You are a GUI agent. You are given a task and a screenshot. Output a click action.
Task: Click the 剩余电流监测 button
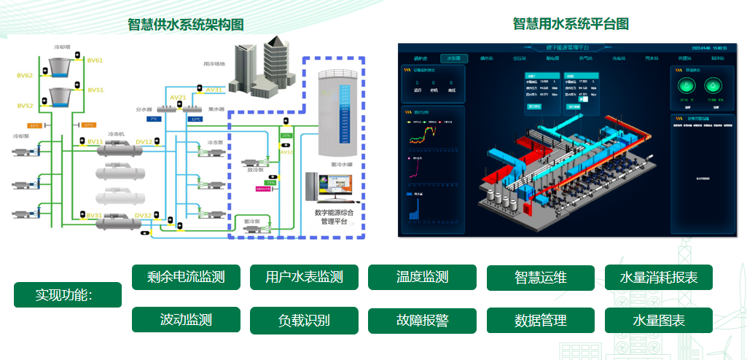[185, 277]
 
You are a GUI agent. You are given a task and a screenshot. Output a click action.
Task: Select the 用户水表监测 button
[304, 277]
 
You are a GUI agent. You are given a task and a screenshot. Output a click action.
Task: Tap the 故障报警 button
[422, 320]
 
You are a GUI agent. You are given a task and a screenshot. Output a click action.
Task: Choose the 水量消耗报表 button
[659, 277]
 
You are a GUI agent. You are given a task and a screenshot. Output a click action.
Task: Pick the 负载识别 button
[304, 320]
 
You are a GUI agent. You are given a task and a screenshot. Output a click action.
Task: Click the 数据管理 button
[541, 320]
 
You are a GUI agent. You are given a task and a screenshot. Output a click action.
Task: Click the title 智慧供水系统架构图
[186, 25]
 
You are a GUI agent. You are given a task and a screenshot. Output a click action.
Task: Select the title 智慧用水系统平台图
[571, 24]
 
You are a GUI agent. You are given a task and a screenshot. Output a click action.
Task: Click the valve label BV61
[95, 60]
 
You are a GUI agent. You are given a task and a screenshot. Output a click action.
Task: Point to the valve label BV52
[25, 106]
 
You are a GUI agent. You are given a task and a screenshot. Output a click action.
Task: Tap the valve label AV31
[214, 90]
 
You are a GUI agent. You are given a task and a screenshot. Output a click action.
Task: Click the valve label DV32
[143, 216]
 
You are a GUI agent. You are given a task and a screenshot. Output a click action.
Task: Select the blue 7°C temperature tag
[153, 119]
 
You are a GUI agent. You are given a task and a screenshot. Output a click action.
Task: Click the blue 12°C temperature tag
[195, 119]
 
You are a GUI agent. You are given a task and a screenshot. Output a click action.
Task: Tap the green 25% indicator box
[286, 136]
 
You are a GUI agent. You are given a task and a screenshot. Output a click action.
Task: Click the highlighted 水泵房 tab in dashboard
[453, 58]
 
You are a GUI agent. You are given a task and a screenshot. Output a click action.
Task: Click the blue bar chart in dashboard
[415, 208]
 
